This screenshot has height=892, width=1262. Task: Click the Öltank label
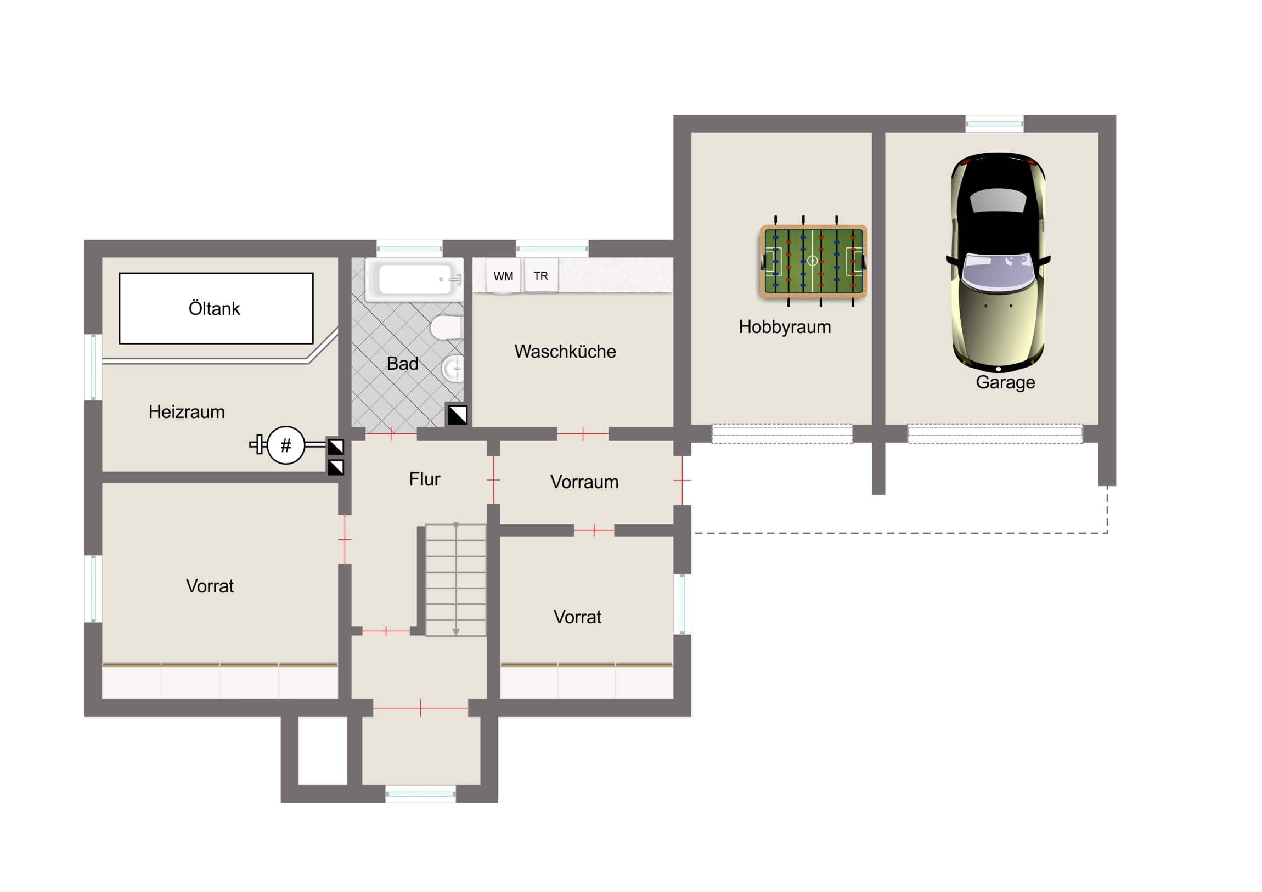click(215, 308)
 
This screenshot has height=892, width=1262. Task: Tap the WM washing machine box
click(503, 276)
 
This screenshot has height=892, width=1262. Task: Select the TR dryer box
click(541, 275)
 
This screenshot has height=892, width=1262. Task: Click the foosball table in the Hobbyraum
click(814, 261)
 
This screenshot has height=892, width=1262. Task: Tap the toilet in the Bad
click(446, 327)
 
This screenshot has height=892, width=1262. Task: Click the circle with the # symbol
click(286, 445)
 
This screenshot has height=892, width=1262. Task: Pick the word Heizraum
click(187, 411)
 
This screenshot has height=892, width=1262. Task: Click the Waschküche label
click(565, 351)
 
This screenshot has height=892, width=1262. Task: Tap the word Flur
click(424, 479)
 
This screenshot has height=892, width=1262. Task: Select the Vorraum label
click(584, 482)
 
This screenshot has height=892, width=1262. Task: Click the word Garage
click(1005, 382)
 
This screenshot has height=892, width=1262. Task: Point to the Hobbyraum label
click(784, 327)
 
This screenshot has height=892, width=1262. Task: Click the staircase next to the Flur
click(455, 579)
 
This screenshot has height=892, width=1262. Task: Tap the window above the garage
click(994, 123)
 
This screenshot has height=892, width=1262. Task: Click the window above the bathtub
click(409, 249)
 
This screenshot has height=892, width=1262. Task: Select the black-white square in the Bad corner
click(457, 415)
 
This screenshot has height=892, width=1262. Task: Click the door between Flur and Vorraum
click(494, 480)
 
